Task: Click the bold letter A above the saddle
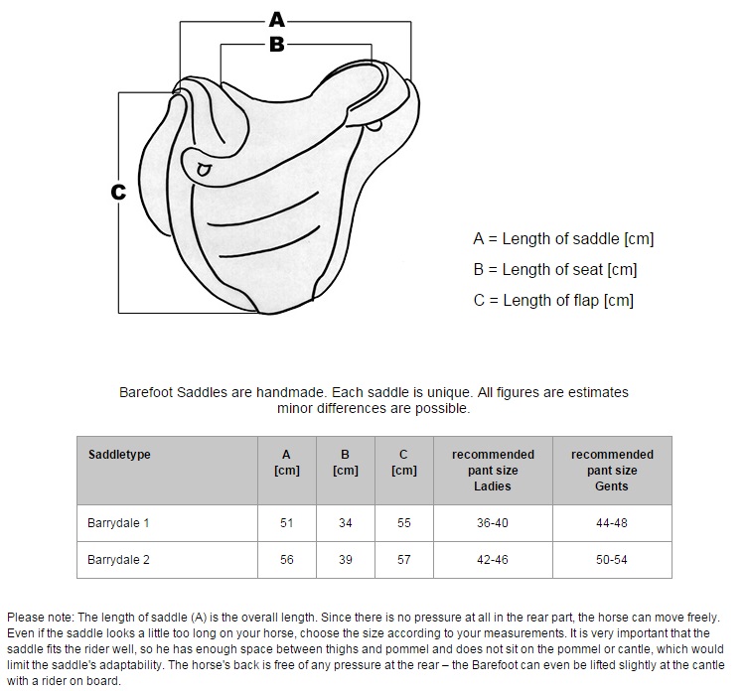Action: pos(277,21)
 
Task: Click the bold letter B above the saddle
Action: pos(277,45)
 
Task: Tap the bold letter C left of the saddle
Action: pos(118,193)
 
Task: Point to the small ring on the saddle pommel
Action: pos(204,170)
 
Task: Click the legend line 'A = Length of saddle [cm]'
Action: pos(563,238)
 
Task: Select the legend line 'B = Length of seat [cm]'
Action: pos(555,269)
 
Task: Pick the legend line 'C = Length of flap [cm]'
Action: pos(553,301)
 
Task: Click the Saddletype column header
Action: pos(119,455)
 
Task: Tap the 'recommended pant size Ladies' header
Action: pos(493,471)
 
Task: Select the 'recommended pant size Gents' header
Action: pos(612,471)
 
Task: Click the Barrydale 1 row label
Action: pos(118,523)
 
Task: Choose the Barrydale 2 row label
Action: pos(118,559)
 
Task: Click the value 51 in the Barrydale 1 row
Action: pos(287,523)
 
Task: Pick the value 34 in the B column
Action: pos(346,523)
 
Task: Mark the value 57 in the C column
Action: pos(404,559)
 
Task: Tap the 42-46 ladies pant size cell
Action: pos(493,559)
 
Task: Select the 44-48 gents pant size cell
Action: pos(612,523)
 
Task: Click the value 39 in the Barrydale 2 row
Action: pos(346,559)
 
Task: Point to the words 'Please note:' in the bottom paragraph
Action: pos(41,618)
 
